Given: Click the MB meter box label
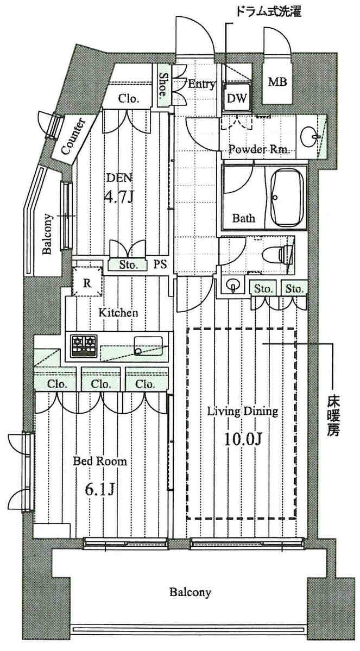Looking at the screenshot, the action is point(278,82).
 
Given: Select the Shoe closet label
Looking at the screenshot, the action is point(162,85).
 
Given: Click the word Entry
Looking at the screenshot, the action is point(201,84).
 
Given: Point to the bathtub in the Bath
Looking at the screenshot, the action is point(286,197).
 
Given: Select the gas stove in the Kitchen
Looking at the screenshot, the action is point(84,345).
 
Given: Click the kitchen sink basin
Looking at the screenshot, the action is point(148,346).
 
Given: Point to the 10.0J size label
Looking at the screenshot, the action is point(242,438).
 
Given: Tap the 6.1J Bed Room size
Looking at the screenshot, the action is point(100,490).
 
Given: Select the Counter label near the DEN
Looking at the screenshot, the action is point(74,136).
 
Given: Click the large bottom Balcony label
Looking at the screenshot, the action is point(190,592).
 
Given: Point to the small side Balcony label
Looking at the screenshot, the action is point(47,234).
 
